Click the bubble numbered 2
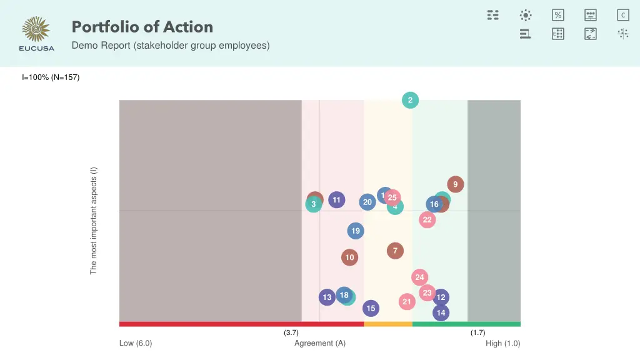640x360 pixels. coord(410,100)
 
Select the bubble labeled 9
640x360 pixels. coord(456,184)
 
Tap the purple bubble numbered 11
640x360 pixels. coord(337,200)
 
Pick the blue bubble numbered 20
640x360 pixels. coord(367,202)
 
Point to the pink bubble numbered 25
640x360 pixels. coord(392,197)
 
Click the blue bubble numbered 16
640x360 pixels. coord(434,204)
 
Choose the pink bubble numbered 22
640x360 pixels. coord(427,219)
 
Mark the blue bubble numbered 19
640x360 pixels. coord(356,231)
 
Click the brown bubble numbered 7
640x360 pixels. coord(395,251)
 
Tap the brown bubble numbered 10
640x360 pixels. coord(350,257)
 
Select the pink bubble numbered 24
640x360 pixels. coord(419,277)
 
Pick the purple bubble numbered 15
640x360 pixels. coord(371,308)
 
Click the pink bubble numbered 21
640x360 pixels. coord(407,302)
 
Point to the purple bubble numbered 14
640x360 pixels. coord(441,312)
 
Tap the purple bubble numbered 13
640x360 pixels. coord(327,297)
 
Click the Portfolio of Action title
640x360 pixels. coord(142,27)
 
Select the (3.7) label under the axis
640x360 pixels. coord(291,332)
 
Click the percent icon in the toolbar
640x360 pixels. coord(558,15)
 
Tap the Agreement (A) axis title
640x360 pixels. coord(320,343)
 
